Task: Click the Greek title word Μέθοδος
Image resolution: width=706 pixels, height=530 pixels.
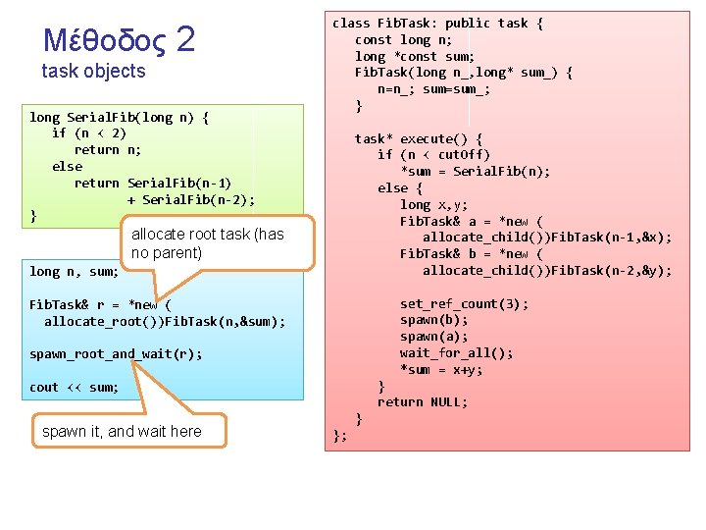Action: pos(105,40)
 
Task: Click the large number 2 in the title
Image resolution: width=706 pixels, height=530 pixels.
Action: pos(185,38)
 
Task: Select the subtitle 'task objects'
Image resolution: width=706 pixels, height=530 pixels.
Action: pos(93,72)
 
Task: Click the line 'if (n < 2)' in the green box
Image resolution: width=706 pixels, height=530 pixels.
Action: pos(89,133)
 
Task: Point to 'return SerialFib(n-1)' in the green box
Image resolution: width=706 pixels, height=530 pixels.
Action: pos(153,184)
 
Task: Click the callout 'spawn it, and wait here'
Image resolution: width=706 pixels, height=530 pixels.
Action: pos(122,432)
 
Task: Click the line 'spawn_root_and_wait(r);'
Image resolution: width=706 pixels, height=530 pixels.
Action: pos(116,354)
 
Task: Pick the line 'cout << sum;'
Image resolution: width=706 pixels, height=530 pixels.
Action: pos(74,388)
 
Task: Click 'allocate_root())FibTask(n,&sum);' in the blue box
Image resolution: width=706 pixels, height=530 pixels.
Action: pos(165,321)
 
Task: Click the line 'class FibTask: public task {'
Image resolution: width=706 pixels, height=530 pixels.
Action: pos(437,24)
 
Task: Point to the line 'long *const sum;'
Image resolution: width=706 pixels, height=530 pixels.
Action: pos(415,57)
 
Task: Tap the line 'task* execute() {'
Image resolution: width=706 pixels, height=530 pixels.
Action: pos(419,139)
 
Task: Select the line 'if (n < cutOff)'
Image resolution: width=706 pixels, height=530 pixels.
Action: pos(433,155)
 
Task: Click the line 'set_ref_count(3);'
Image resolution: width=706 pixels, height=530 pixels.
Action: pos(464,304)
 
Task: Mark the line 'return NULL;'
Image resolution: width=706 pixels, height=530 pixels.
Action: pos(423,402)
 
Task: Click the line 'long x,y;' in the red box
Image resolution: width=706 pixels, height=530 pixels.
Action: pos(433,205)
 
